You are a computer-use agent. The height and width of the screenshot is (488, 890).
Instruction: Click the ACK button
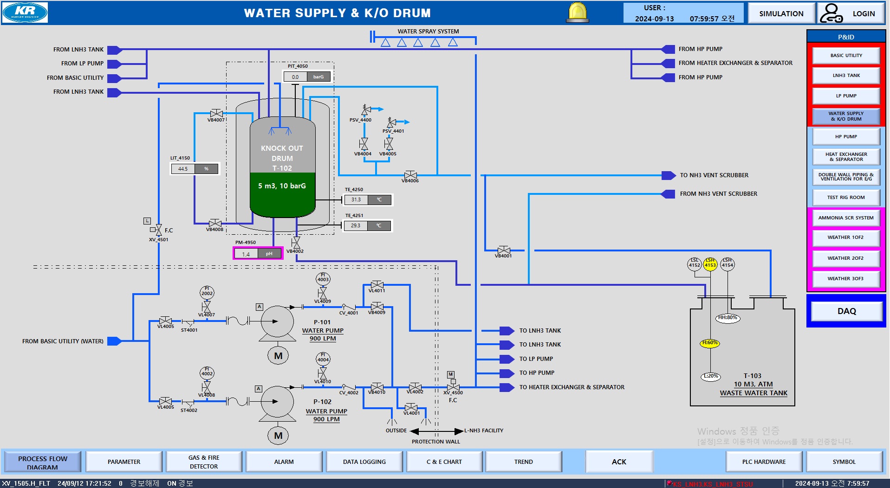619,462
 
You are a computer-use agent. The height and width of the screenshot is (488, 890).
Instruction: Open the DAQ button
846,311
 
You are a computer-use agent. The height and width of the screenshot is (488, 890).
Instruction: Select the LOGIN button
851,13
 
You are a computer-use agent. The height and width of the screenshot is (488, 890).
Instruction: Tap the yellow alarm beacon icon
578,13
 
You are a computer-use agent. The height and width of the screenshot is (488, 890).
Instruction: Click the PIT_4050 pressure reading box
307,77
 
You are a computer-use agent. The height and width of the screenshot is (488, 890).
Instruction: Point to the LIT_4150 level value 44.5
183,169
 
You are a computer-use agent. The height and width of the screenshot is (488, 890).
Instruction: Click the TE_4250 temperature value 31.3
356,200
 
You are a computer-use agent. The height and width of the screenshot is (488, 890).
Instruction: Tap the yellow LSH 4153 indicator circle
710,264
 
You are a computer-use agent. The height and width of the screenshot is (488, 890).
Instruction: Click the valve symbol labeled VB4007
216,113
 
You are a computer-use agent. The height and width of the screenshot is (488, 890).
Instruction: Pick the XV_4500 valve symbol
453,387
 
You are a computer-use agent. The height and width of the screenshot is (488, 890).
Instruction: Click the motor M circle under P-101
278,356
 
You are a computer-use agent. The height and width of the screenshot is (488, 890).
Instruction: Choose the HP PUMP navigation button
846,137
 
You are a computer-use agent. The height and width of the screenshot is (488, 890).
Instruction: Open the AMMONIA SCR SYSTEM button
846,218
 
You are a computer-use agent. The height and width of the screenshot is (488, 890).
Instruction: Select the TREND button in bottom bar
523,462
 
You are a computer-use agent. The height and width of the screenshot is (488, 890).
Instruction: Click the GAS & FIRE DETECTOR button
203,462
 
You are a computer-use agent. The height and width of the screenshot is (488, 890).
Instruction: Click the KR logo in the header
25,13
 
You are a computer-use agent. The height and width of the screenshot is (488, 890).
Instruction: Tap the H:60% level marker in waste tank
710,343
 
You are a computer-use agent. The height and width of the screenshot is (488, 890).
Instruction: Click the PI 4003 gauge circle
323,279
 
